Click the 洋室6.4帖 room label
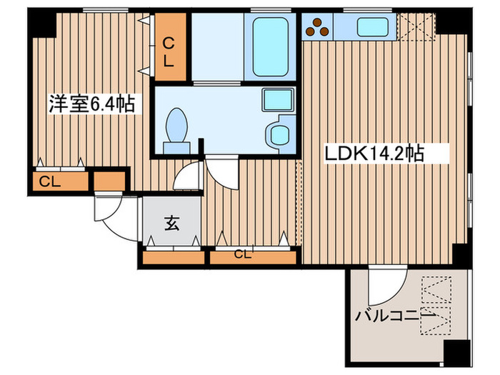pyautogui.click(x=91, y=104)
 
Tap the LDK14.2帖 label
pyautogui.click(x=376, y=152)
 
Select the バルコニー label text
pyautogui.click(x=395, y=315)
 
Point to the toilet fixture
pyautogui.click(x=176, y=130)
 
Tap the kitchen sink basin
pyautogui.click(x=371, y=27)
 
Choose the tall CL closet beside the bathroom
pyautogui.click(x=169, y=47)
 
